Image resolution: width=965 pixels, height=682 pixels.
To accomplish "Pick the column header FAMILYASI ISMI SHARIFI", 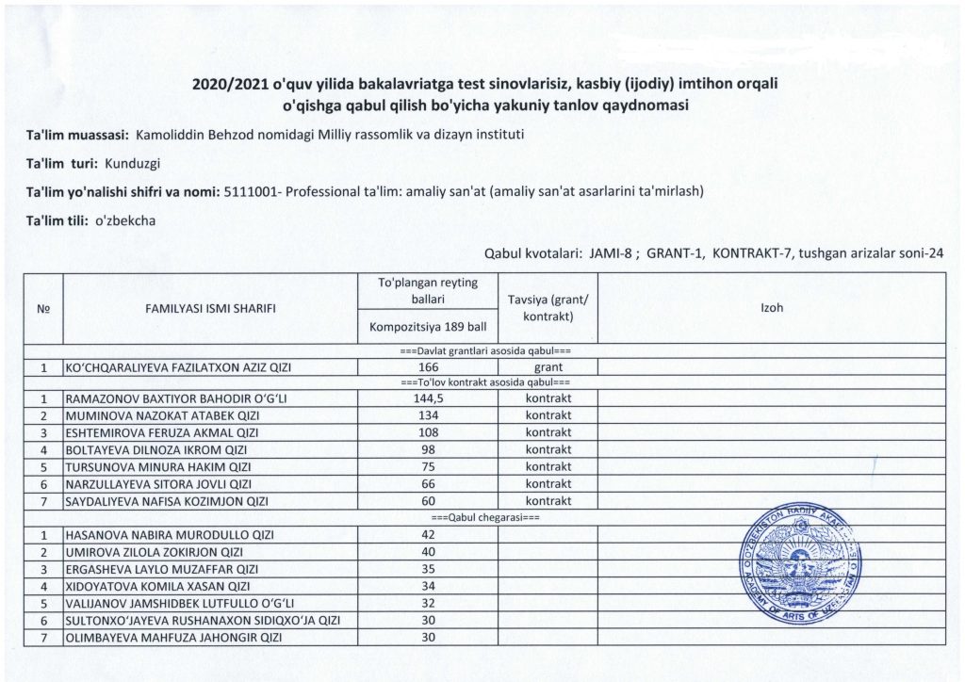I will click(210, 308).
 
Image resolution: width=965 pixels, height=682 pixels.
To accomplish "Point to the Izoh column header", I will click(771, 308).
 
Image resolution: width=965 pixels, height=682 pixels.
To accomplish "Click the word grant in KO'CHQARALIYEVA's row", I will click(548, 366).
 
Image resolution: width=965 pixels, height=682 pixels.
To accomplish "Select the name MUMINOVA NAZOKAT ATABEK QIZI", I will click(162, 415).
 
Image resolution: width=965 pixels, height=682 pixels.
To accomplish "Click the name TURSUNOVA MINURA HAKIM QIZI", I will click(157, 466).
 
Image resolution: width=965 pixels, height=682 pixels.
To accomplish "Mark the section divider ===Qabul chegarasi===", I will click(484, 518).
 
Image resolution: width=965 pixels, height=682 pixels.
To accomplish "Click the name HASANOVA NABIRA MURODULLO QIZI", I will click(169, 535).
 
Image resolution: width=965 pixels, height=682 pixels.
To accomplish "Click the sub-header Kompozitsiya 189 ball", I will click(428, 328).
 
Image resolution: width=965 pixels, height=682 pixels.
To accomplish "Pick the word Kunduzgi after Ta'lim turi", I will click(133, 163).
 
